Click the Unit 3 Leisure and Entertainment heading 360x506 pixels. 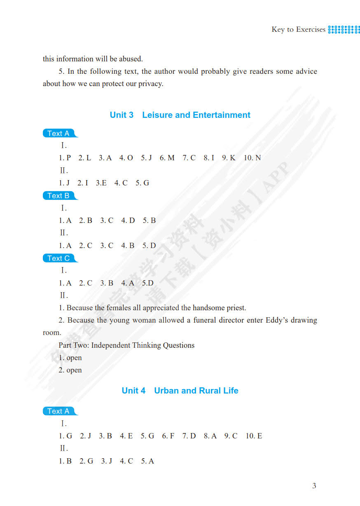[180, 115]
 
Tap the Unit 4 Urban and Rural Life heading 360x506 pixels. [180, 391]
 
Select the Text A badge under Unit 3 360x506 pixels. [58, 134]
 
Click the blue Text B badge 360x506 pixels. [58, 196]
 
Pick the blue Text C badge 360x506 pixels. [58, 258]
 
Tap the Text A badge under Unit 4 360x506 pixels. [58, 411]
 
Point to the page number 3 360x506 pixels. [314, 486]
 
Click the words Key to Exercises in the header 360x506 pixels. [299, 29]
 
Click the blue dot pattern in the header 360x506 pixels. [344, 29]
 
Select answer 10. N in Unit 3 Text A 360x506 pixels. [252, 158]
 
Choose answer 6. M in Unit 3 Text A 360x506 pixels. [167, 158]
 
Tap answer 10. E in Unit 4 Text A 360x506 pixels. [254, 436]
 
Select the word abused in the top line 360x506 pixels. [131, 59]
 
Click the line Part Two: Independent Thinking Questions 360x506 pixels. [126, 345]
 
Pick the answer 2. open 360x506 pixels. [70, 370]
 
